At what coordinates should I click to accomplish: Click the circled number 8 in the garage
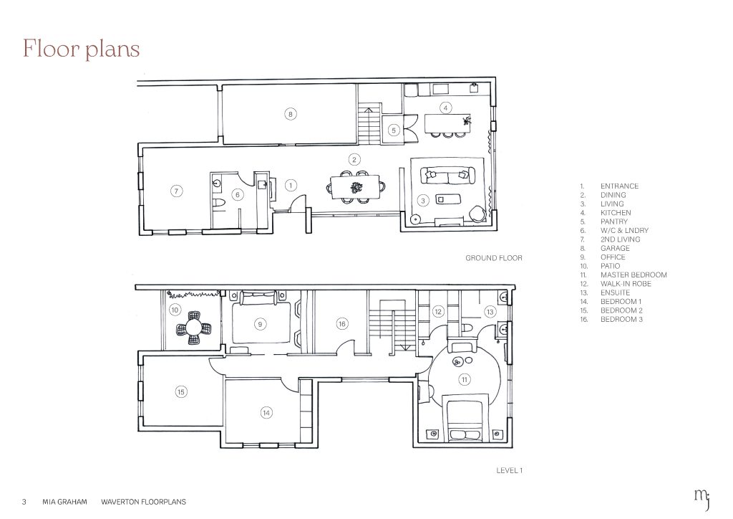[291, 114]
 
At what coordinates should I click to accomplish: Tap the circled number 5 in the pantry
[394, 130]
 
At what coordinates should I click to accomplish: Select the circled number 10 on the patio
[175, 310]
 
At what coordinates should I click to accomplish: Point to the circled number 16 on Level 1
[341, 324]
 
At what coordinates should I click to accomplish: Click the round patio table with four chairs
[193, 328]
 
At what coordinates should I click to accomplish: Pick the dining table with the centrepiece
[355, 187]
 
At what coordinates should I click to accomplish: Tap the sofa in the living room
[447, 176]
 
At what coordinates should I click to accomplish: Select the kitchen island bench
[448, 124]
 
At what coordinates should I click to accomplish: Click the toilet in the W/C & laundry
[218, 202]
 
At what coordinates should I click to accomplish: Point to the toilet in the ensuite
[468, 327]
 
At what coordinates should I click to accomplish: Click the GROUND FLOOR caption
[494, 258]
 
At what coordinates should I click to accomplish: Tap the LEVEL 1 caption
[510, 470]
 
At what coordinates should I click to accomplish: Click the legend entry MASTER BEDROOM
[634, 275]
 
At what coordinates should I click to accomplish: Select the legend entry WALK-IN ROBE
[626, 284]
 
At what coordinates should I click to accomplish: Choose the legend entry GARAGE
[615, 248]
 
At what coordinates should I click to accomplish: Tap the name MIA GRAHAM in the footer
[64, 502]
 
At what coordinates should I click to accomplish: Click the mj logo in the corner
[703, 498]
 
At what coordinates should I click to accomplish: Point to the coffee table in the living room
[448, 199]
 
